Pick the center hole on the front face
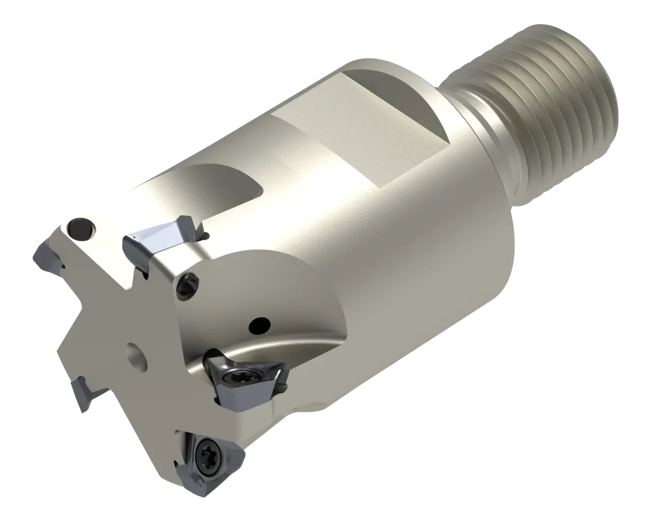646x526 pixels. [136, 353]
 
